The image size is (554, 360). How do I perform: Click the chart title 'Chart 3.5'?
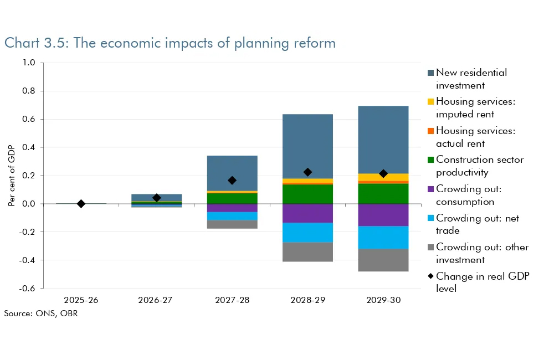tap(170, 43)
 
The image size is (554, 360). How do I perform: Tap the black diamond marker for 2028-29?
tap(307, 172)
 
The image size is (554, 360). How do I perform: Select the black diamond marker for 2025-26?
tap(81, 204)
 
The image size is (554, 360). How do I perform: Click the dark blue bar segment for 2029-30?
tap(383, 138)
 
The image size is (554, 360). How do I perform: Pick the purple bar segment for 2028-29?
tap(307, 213)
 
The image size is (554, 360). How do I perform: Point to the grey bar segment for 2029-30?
tap(383, 260)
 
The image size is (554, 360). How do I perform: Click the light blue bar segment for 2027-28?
tap(232, 216)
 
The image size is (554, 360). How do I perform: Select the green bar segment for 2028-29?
tap(307, 194)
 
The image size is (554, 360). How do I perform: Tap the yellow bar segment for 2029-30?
tap(383, 177)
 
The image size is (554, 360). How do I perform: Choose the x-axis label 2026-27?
tap(156, 300)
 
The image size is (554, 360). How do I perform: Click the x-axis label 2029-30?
tap(383, 300)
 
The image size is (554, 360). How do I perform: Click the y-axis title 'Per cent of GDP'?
tap(12, 176)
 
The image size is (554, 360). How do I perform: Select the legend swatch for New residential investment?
tap(431, 73)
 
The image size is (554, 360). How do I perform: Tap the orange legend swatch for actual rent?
tap(431, 131)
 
